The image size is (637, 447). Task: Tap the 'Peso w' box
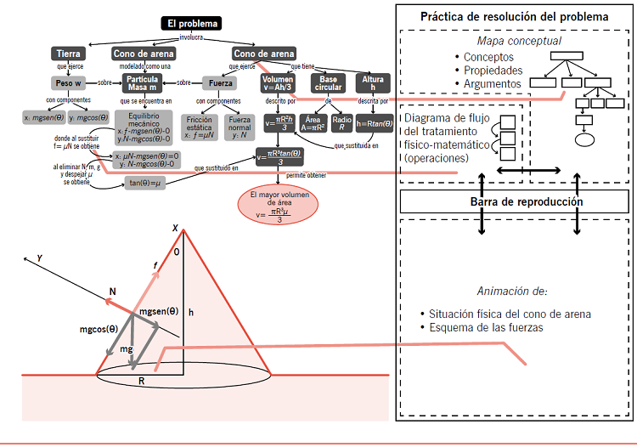click(x=66, y=83)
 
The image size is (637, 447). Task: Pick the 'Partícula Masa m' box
click(x=143, y=83)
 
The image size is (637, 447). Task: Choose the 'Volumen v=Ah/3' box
click(x=277, y=83)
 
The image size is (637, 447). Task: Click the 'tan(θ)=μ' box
click(x=145, y=183)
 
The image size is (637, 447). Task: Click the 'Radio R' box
click(x=342, y=124)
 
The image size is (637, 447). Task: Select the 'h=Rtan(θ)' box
click(x=375, y=124)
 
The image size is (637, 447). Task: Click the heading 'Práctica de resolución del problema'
click(x=514, y=17)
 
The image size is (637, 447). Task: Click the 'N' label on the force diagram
click(x=111, y=291)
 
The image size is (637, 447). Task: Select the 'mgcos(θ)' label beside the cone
click(x=99, y=328)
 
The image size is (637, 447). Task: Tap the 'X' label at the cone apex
click(x=176, y=229)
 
